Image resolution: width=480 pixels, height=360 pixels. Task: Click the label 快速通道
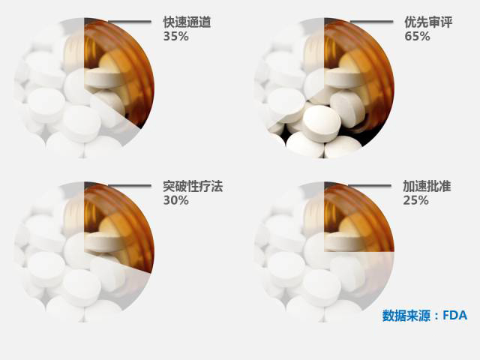[x=187, y=22]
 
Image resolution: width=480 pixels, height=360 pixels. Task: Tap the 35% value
[x=175, y=37]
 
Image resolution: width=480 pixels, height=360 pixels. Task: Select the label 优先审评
[x=428, y=22]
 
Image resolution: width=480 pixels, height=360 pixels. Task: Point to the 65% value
[x=417, y=37]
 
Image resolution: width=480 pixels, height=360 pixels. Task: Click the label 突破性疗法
[x=193, y=187]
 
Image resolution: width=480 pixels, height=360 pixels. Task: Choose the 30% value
[x=175, y=200]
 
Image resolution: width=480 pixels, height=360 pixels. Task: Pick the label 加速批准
[x=427, y=187]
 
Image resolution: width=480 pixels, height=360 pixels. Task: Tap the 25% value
[x=415, y=200]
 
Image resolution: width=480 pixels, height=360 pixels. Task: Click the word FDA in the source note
[x=455, y=315]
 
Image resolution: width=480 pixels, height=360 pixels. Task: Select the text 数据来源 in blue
[x=406, y=315]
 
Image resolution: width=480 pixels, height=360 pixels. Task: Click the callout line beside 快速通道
[x=130, y=22]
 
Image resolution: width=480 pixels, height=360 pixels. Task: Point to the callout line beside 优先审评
[x=371, y=22]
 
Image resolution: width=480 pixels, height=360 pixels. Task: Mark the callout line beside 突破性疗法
[x=130, y=185]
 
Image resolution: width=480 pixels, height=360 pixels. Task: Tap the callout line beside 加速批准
[x=370, y=185]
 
